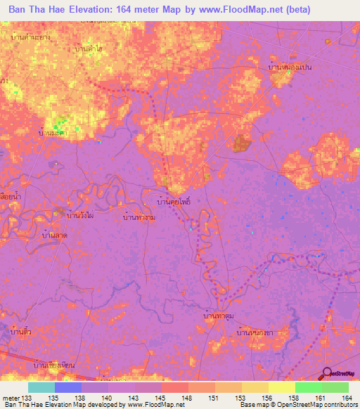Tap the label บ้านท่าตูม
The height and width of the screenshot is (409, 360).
coord(218,318)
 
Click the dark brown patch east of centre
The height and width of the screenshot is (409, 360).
coord(242,144)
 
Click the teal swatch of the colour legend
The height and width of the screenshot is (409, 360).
coord(41,387)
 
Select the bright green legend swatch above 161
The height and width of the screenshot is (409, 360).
coord(308,387)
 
